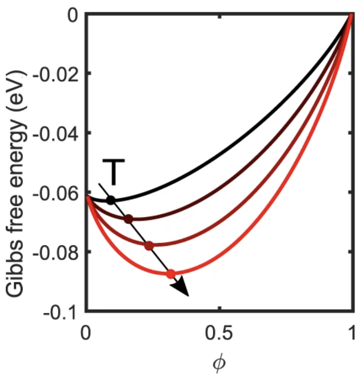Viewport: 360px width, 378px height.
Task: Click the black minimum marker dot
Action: [111, 200]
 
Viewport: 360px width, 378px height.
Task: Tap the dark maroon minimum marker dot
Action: [129, 219]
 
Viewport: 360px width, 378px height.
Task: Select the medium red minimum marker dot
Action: [149, 246]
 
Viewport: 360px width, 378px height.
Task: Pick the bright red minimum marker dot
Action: [171, 274]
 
